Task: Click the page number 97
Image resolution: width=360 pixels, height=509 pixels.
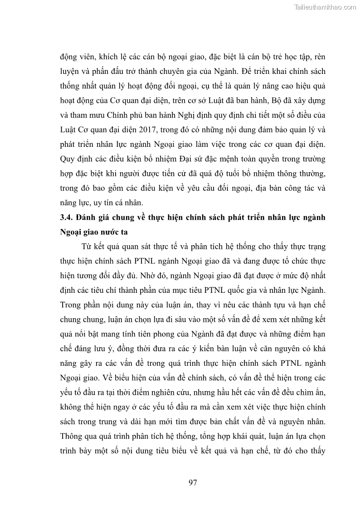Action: [192, 482]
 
